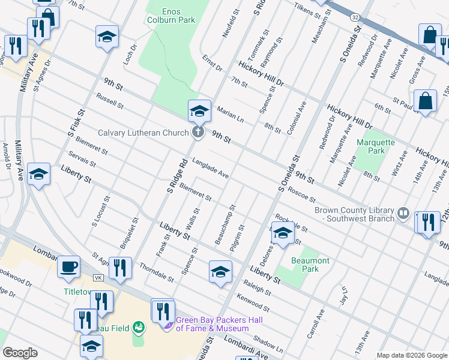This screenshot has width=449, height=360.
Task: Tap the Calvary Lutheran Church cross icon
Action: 197,132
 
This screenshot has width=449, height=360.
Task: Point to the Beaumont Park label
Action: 310,265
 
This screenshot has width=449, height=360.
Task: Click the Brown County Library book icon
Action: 403,214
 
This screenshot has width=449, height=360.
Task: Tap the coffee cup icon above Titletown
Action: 68,266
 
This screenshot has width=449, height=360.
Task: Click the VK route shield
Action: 98,278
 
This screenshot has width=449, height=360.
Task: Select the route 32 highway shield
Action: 357,19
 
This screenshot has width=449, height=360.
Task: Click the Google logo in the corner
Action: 20,352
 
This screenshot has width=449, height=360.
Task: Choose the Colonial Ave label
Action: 297,117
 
